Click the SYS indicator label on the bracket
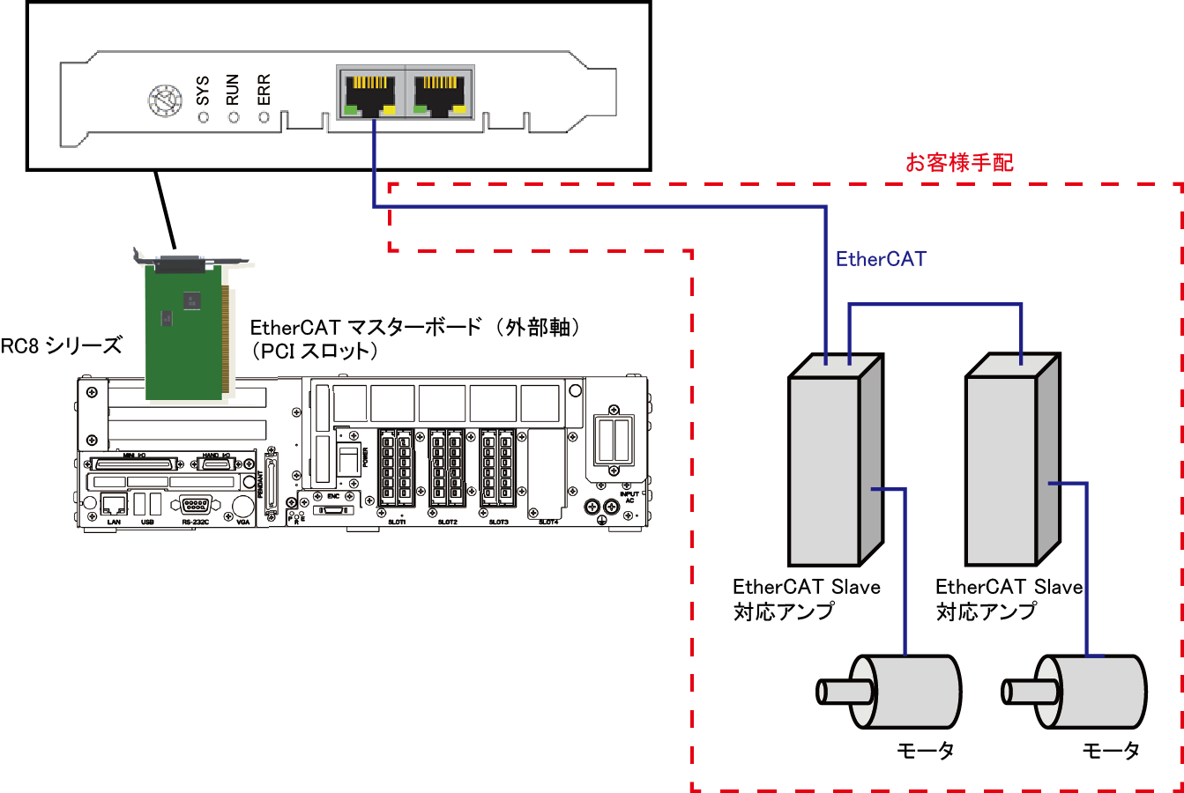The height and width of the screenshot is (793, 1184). [202, 90]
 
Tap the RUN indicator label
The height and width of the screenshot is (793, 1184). [232, 89]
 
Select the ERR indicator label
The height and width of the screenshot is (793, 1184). [263, 89]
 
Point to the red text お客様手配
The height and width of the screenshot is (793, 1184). [959, 163]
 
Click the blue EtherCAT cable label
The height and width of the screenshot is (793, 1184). [881, 259]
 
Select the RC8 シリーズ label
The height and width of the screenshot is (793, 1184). [61, 345]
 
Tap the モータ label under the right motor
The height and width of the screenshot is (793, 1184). [1111, 751]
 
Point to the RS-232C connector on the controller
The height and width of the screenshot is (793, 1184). [195, 505]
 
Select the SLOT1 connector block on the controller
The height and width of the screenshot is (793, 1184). [396, 468]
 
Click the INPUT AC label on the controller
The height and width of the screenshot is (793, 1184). [629, 498]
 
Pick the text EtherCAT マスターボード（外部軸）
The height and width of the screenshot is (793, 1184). [416, 328]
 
